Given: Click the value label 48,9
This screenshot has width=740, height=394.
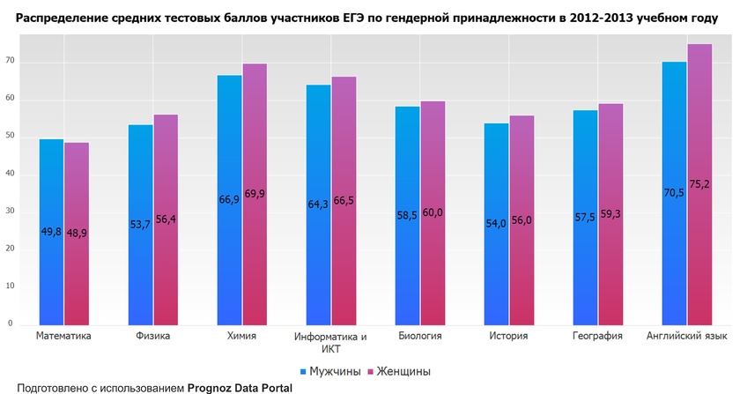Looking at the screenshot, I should point(77,232).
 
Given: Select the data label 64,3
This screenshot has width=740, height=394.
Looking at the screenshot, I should point(319,204).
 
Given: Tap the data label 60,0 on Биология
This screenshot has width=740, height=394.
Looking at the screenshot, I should point(433,212).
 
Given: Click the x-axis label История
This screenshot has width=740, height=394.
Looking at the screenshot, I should point(508,336).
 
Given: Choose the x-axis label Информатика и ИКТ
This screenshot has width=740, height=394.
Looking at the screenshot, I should point(331,342).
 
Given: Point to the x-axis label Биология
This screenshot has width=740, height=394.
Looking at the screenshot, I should point(419,336).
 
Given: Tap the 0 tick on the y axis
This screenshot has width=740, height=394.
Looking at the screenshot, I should point(11,323).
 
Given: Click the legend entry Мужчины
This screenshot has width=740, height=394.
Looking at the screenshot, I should point(331,371).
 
